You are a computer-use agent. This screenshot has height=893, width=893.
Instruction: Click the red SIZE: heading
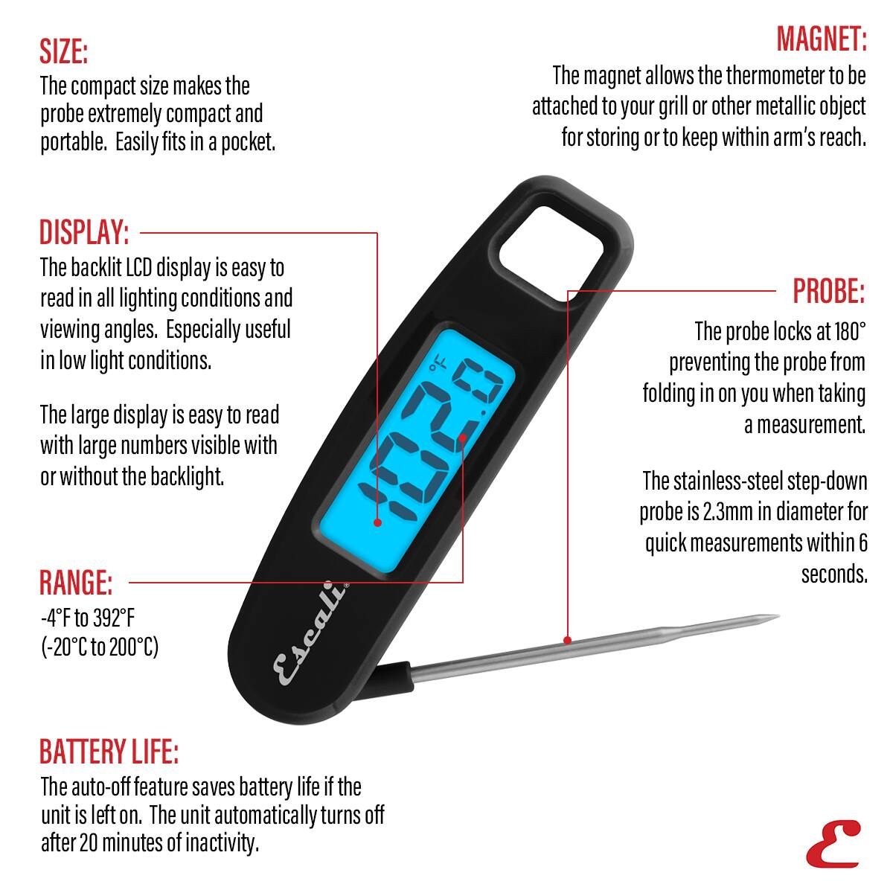(64, 52)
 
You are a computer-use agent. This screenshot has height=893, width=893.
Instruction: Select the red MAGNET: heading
(822, 39)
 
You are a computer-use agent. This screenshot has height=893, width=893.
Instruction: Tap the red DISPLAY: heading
(84, 233)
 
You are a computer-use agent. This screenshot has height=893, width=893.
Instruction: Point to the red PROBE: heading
(828, 291)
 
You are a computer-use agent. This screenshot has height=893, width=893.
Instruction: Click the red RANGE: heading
(76, 582)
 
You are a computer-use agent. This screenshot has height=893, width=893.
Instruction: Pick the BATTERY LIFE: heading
(109, 752)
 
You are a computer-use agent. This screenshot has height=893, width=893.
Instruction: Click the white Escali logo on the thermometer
(312, 633)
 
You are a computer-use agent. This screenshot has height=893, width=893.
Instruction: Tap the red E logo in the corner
(832, 844)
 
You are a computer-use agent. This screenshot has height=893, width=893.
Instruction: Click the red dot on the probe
(567, 640)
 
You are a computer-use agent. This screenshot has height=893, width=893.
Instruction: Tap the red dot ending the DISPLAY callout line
(378, 522)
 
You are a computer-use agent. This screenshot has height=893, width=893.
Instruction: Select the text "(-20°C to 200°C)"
(100, 647)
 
